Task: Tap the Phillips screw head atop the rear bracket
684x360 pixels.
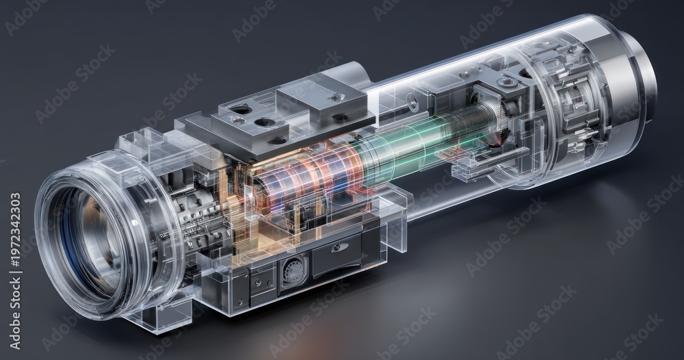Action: pos(506,81)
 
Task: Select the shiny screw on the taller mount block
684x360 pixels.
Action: pos(335,97)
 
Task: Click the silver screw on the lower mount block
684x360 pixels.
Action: pos(237,120)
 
